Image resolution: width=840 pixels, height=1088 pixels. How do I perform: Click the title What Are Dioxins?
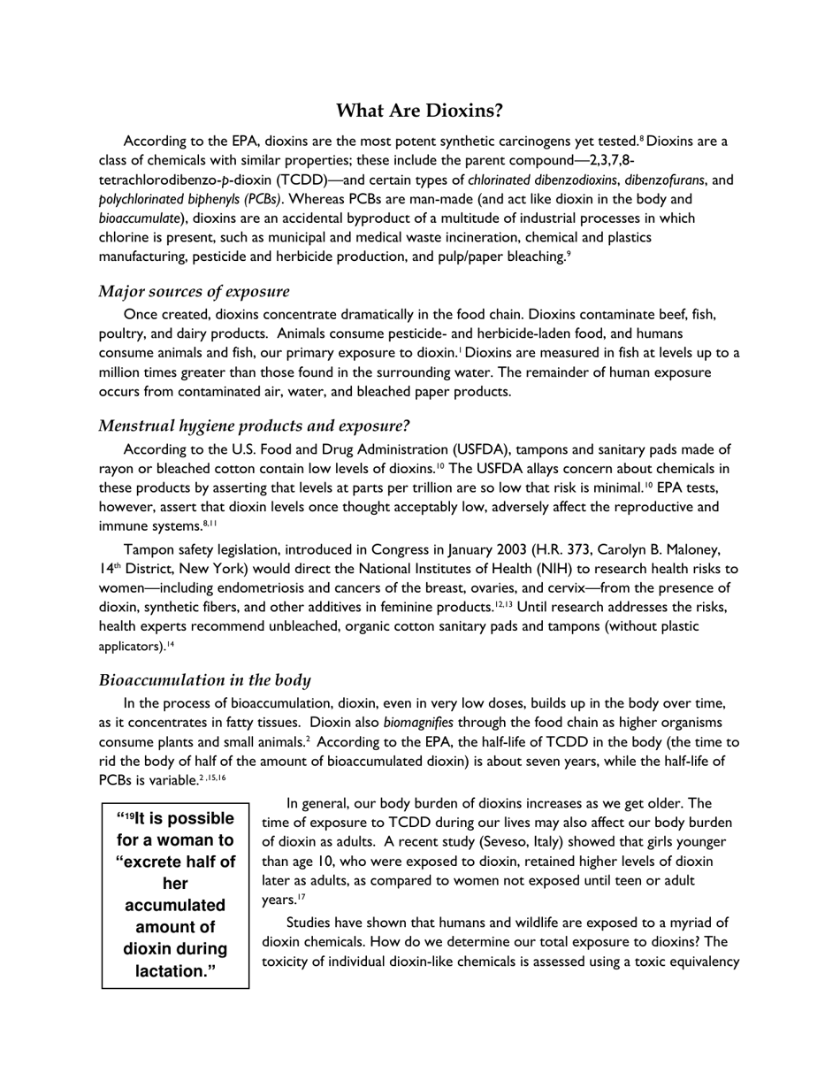419,111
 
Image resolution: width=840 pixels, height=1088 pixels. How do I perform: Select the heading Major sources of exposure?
194,292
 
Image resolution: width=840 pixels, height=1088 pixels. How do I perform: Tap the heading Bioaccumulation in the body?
204,680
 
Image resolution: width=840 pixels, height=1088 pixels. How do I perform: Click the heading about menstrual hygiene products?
254,426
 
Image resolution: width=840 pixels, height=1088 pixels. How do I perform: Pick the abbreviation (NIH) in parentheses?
493,570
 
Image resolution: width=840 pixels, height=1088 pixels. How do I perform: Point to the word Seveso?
508,842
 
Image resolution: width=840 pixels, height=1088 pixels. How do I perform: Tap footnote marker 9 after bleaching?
569,255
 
